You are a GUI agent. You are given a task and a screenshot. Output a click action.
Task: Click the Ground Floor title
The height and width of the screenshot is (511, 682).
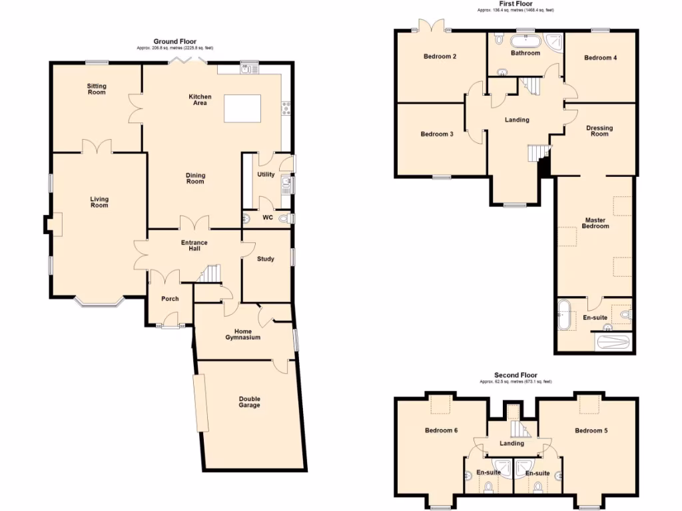175,41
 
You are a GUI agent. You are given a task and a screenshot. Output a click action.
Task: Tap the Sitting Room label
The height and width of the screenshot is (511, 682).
97,89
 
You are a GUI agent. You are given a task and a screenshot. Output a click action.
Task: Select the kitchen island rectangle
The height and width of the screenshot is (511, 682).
243,108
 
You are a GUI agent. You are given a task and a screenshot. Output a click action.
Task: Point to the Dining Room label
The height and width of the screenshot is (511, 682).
195,178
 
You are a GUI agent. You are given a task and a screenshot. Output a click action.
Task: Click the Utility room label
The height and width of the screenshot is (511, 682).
266,174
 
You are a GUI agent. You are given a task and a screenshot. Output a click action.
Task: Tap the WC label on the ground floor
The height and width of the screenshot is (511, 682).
268,218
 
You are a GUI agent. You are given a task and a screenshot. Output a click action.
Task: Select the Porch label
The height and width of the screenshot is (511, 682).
170,299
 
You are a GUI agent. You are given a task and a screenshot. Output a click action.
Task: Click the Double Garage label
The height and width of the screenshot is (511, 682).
250,402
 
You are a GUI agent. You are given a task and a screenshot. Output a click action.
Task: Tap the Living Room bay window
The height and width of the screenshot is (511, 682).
98,303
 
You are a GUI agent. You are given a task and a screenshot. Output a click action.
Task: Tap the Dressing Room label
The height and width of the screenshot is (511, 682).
599,130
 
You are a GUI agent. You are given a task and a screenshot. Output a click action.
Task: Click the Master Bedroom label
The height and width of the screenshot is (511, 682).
595,223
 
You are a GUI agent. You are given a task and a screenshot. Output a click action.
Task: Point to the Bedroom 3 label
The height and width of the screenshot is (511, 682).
437,134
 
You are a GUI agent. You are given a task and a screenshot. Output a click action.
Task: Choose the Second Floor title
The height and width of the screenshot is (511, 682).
515,375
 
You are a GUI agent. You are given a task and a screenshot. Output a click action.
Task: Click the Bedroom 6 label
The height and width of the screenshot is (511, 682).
441,430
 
